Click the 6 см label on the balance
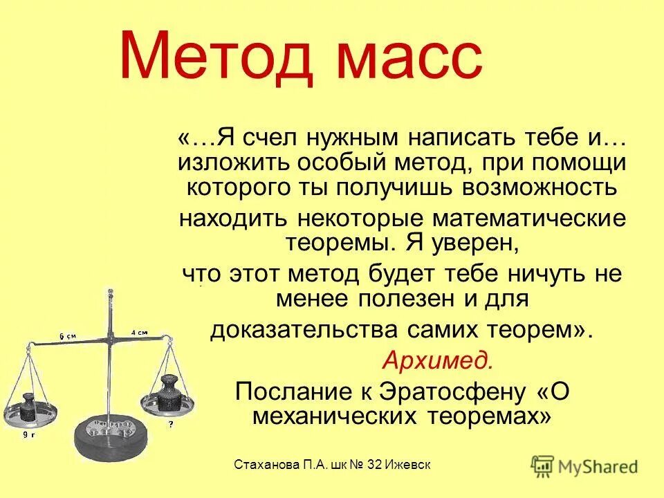67,336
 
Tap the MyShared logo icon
543,465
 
